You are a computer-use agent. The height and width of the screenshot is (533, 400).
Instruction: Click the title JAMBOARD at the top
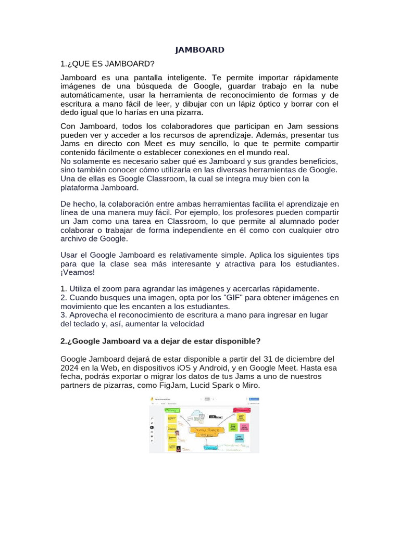coord(199,50)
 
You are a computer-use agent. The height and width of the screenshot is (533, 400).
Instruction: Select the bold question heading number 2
coord(160,341)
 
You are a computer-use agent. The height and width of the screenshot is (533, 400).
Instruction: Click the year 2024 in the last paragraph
coord(70,368)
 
